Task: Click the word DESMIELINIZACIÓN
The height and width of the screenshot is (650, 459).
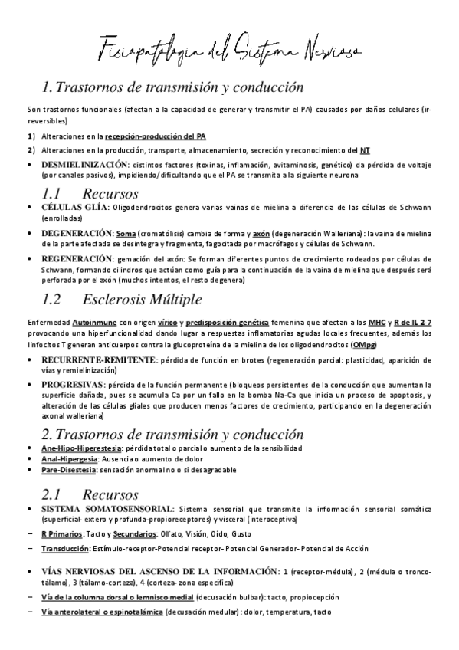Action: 84,165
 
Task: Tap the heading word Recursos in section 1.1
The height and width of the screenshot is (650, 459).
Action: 112,192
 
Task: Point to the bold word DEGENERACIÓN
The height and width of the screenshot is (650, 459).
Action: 77,232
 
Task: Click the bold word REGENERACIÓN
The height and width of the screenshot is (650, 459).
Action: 77,258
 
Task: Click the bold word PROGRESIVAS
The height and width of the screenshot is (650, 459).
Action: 73,384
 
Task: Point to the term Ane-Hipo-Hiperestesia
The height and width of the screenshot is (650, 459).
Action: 80,448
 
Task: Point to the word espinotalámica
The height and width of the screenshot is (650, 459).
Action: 135,611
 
